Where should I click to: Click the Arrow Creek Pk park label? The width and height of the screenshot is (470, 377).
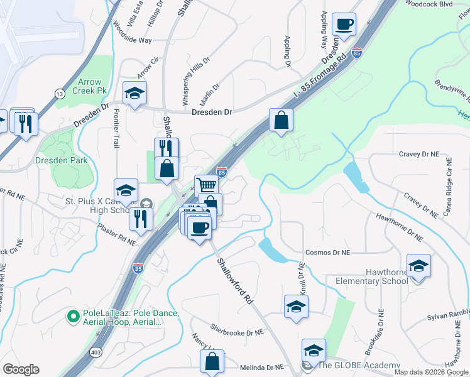[x=90, y=86]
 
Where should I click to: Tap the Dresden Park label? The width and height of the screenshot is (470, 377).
[x=61, y=160]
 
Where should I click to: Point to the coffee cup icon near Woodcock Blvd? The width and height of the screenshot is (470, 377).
[x=344, y=25]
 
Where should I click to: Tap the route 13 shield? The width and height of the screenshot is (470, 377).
[x=60, y=94]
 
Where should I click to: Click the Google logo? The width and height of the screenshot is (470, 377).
[x=21, y=369]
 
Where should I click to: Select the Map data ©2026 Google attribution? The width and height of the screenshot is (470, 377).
[x=430, y=372]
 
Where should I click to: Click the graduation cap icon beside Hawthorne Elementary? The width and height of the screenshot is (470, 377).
[x=418, y=265]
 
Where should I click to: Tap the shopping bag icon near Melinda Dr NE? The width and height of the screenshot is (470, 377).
[x=212, y=361]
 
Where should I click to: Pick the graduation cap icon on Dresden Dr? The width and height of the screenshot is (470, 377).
[x=134, y=93]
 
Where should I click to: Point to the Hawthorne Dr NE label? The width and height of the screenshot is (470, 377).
[x=400, y=226]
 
